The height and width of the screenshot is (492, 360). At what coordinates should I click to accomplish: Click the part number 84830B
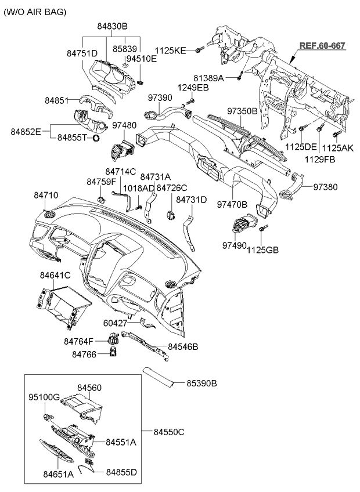tap(112, 26)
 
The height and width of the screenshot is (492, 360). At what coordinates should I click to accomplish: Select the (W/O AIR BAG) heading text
tap(35, 12)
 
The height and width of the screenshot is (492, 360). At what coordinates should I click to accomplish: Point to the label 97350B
tap(242, 110)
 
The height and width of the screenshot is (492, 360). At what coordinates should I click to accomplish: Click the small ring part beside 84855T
tap(97, 138)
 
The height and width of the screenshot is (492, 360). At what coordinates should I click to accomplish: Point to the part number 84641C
tap(55, 274)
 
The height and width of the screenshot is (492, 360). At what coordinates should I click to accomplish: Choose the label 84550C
tap(169, 432)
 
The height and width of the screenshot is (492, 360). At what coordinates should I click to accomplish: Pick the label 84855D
tap(121, 472)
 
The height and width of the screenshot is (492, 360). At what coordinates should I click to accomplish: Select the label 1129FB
tap(319, 158)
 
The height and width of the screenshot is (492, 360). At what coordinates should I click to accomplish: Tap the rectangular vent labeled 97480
tap(123, 149)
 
